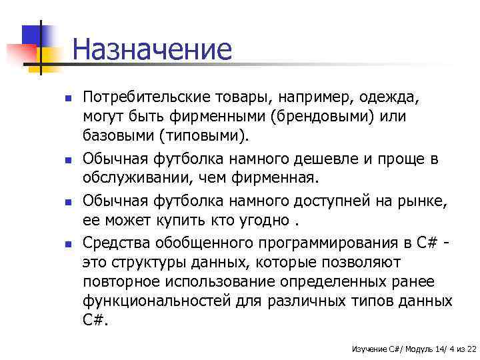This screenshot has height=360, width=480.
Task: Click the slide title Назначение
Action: tap(152, 50)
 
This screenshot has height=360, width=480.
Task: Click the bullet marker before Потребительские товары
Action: tap(69, 99)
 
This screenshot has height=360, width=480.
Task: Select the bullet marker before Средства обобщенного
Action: tap(69, 242)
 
